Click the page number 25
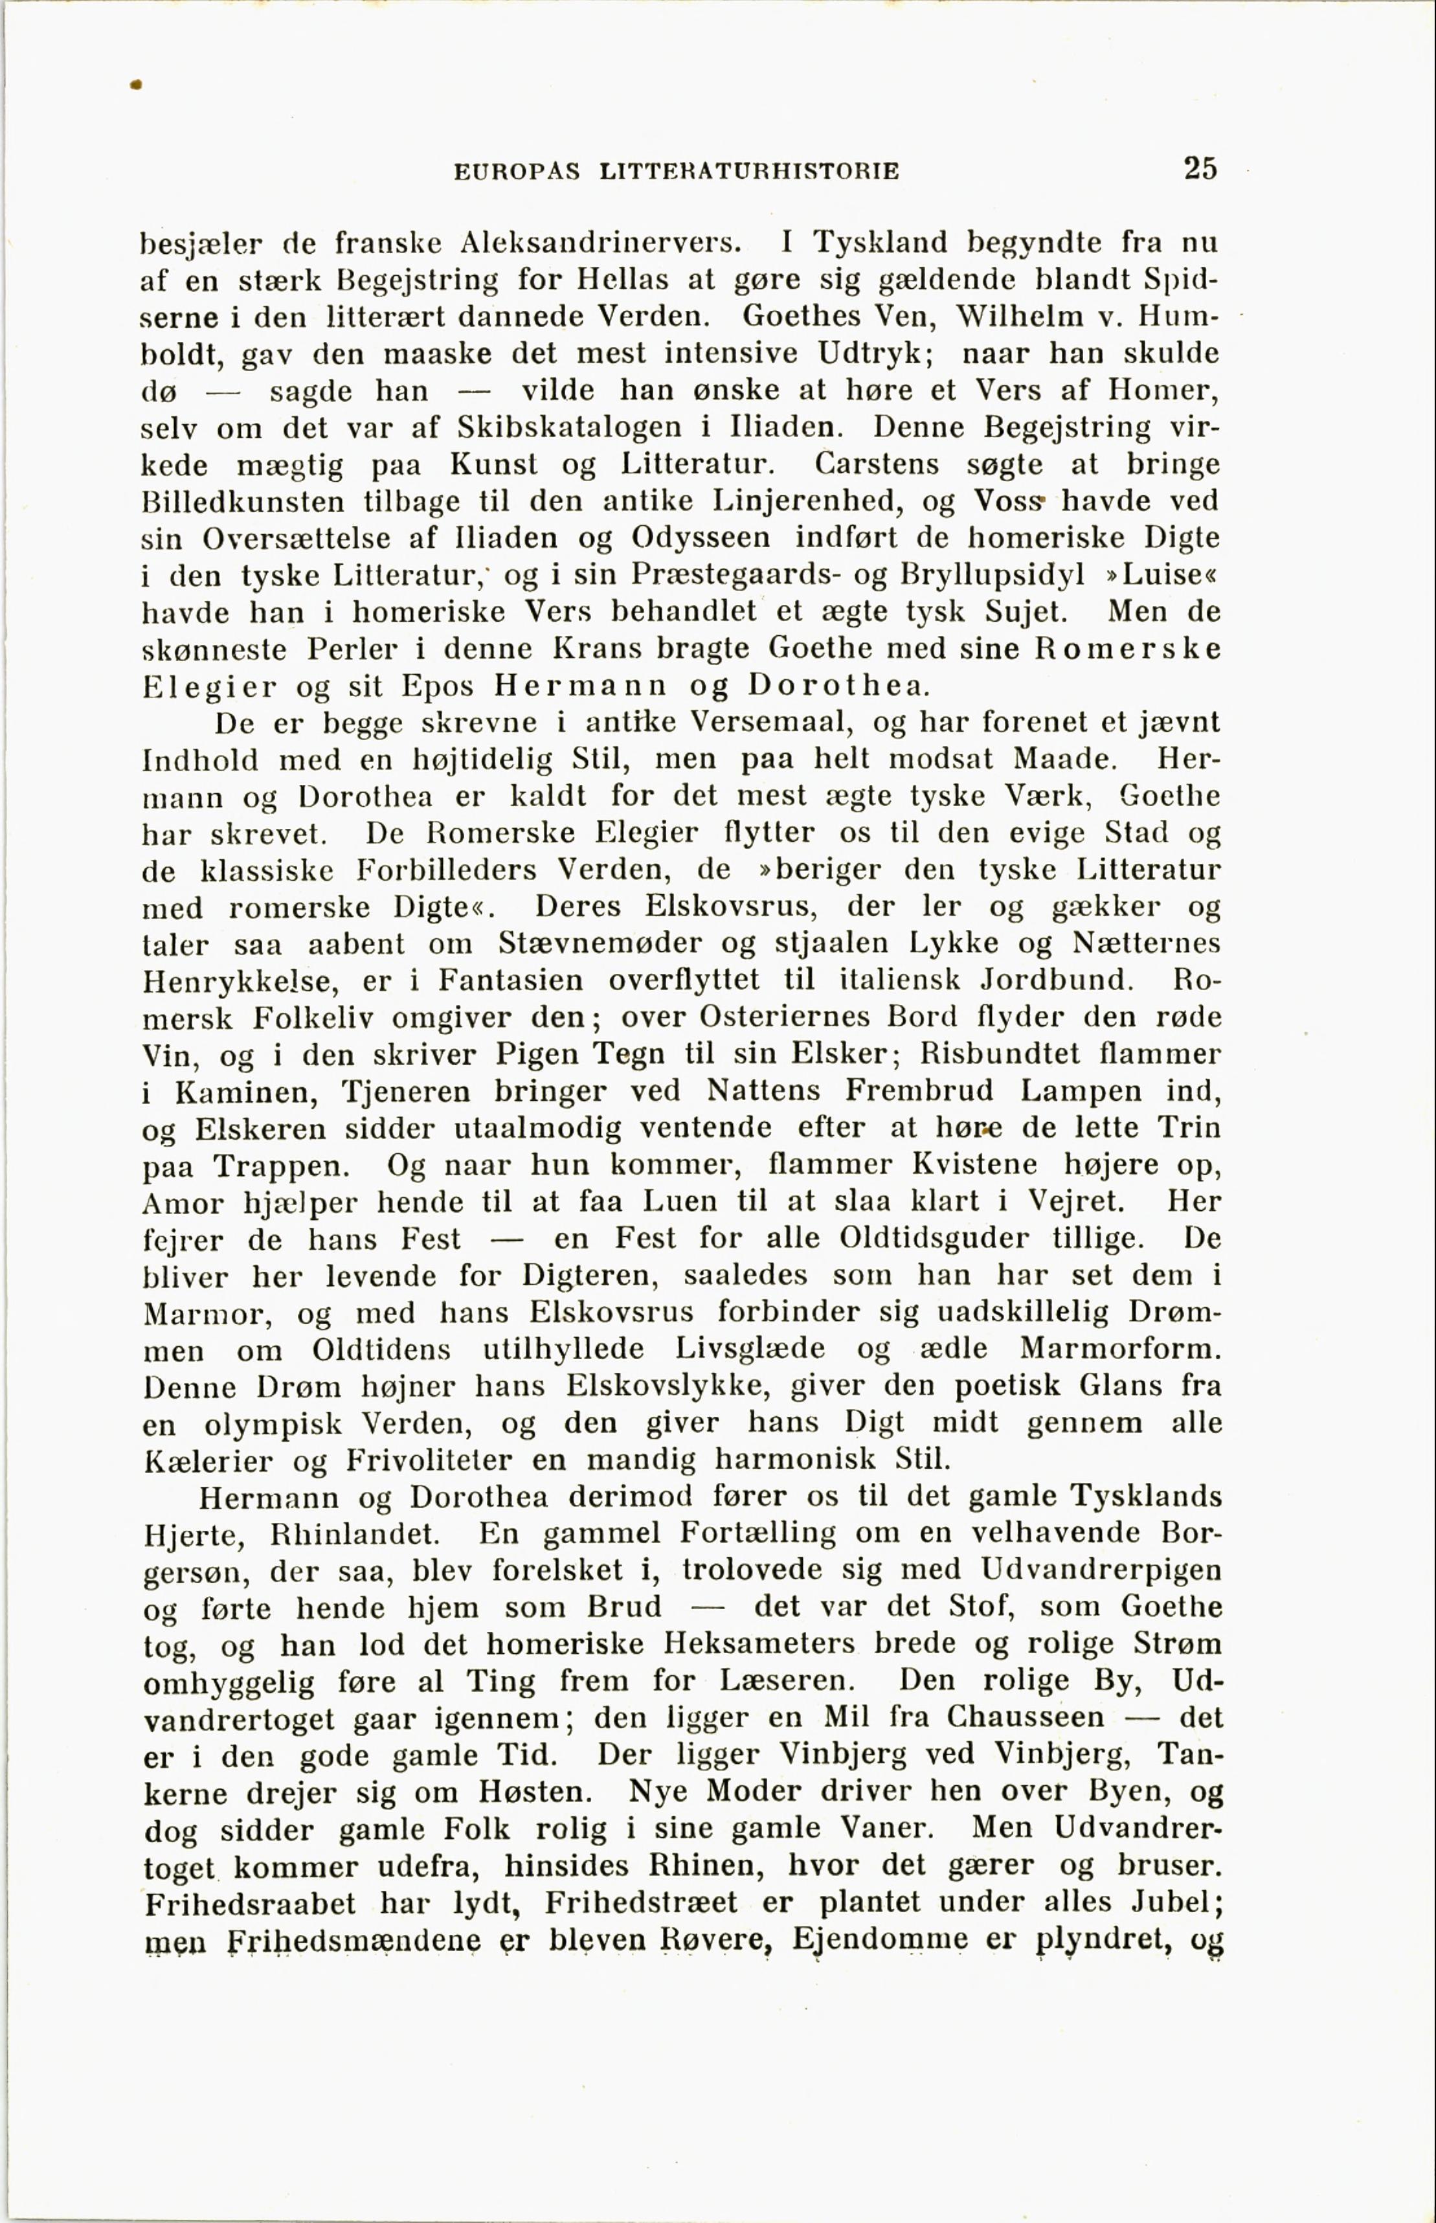1200,169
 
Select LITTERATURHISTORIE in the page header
750,172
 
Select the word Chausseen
1025,1718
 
